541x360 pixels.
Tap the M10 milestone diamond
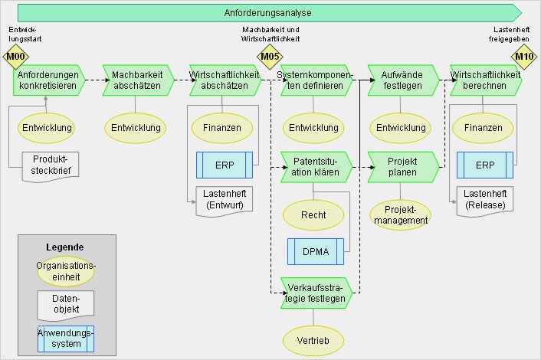click(x=524, y=56)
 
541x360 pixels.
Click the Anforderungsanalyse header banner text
click(x=268, y=13)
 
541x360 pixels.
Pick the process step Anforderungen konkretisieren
click(x=47, y=80)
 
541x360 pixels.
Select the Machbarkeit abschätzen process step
click(x=136, y=80)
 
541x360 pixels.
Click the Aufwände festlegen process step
click(x=402, y=80)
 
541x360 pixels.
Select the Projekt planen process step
click(x=402, y=166)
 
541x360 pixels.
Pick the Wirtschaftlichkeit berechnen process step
click(x=486, y=80)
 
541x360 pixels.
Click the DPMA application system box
click(x=315, y=251)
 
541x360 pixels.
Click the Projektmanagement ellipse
click(x=402, y=215)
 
